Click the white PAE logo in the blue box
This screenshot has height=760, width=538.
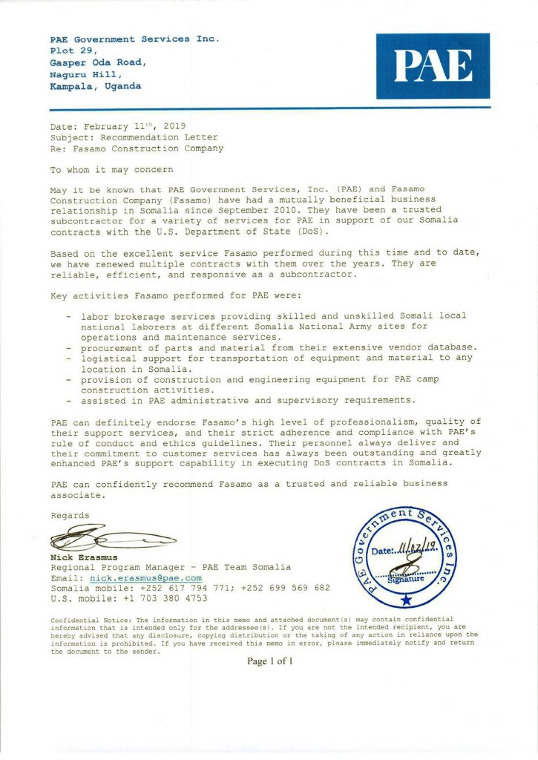pos(433,65)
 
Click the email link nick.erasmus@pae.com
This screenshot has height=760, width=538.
pos(145,577)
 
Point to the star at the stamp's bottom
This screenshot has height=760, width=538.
pos(405,600)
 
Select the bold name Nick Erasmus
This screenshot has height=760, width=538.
pos(84,557)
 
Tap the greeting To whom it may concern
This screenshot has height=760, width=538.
pos(111,169)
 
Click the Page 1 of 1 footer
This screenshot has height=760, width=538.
pos(270,661)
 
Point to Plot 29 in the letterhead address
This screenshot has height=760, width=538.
pos(73,50)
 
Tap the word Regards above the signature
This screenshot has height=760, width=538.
pos(70,515)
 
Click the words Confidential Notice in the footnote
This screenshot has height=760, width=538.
pos(90,619)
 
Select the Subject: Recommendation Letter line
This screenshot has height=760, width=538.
pos(134,137)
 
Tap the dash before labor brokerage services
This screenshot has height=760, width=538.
pos(69,315)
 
